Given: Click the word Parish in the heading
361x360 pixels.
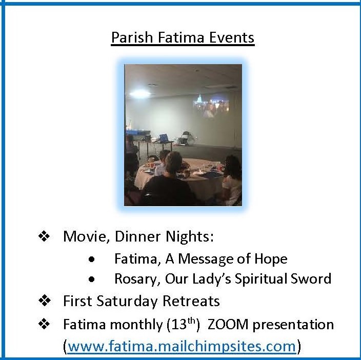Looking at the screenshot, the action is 132,37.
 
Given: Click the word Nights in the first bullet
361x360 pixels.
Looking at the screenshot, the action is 190,237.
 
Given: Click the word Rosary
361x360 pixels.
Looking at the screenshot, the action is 137,279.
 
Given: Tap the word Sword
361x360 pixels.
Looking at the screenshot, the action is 311,278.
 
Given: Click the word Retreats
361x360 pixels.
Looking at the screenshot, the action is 191,301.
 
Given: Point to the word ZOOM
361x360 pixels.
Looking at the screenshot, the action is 228,325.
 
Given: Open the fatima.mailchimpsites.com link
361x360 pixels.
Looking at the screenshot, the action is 182,346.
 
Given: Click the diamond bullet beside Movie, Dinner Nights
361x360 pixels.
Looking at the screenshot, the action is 44,236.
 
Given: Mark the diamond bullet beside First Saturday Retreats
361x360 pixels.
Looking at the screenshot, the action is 44,301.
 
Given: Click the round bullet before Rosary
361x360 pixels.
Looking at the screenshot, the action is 91,279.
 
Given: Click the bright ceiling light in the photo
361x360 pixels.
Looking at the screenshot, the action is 140,94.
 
